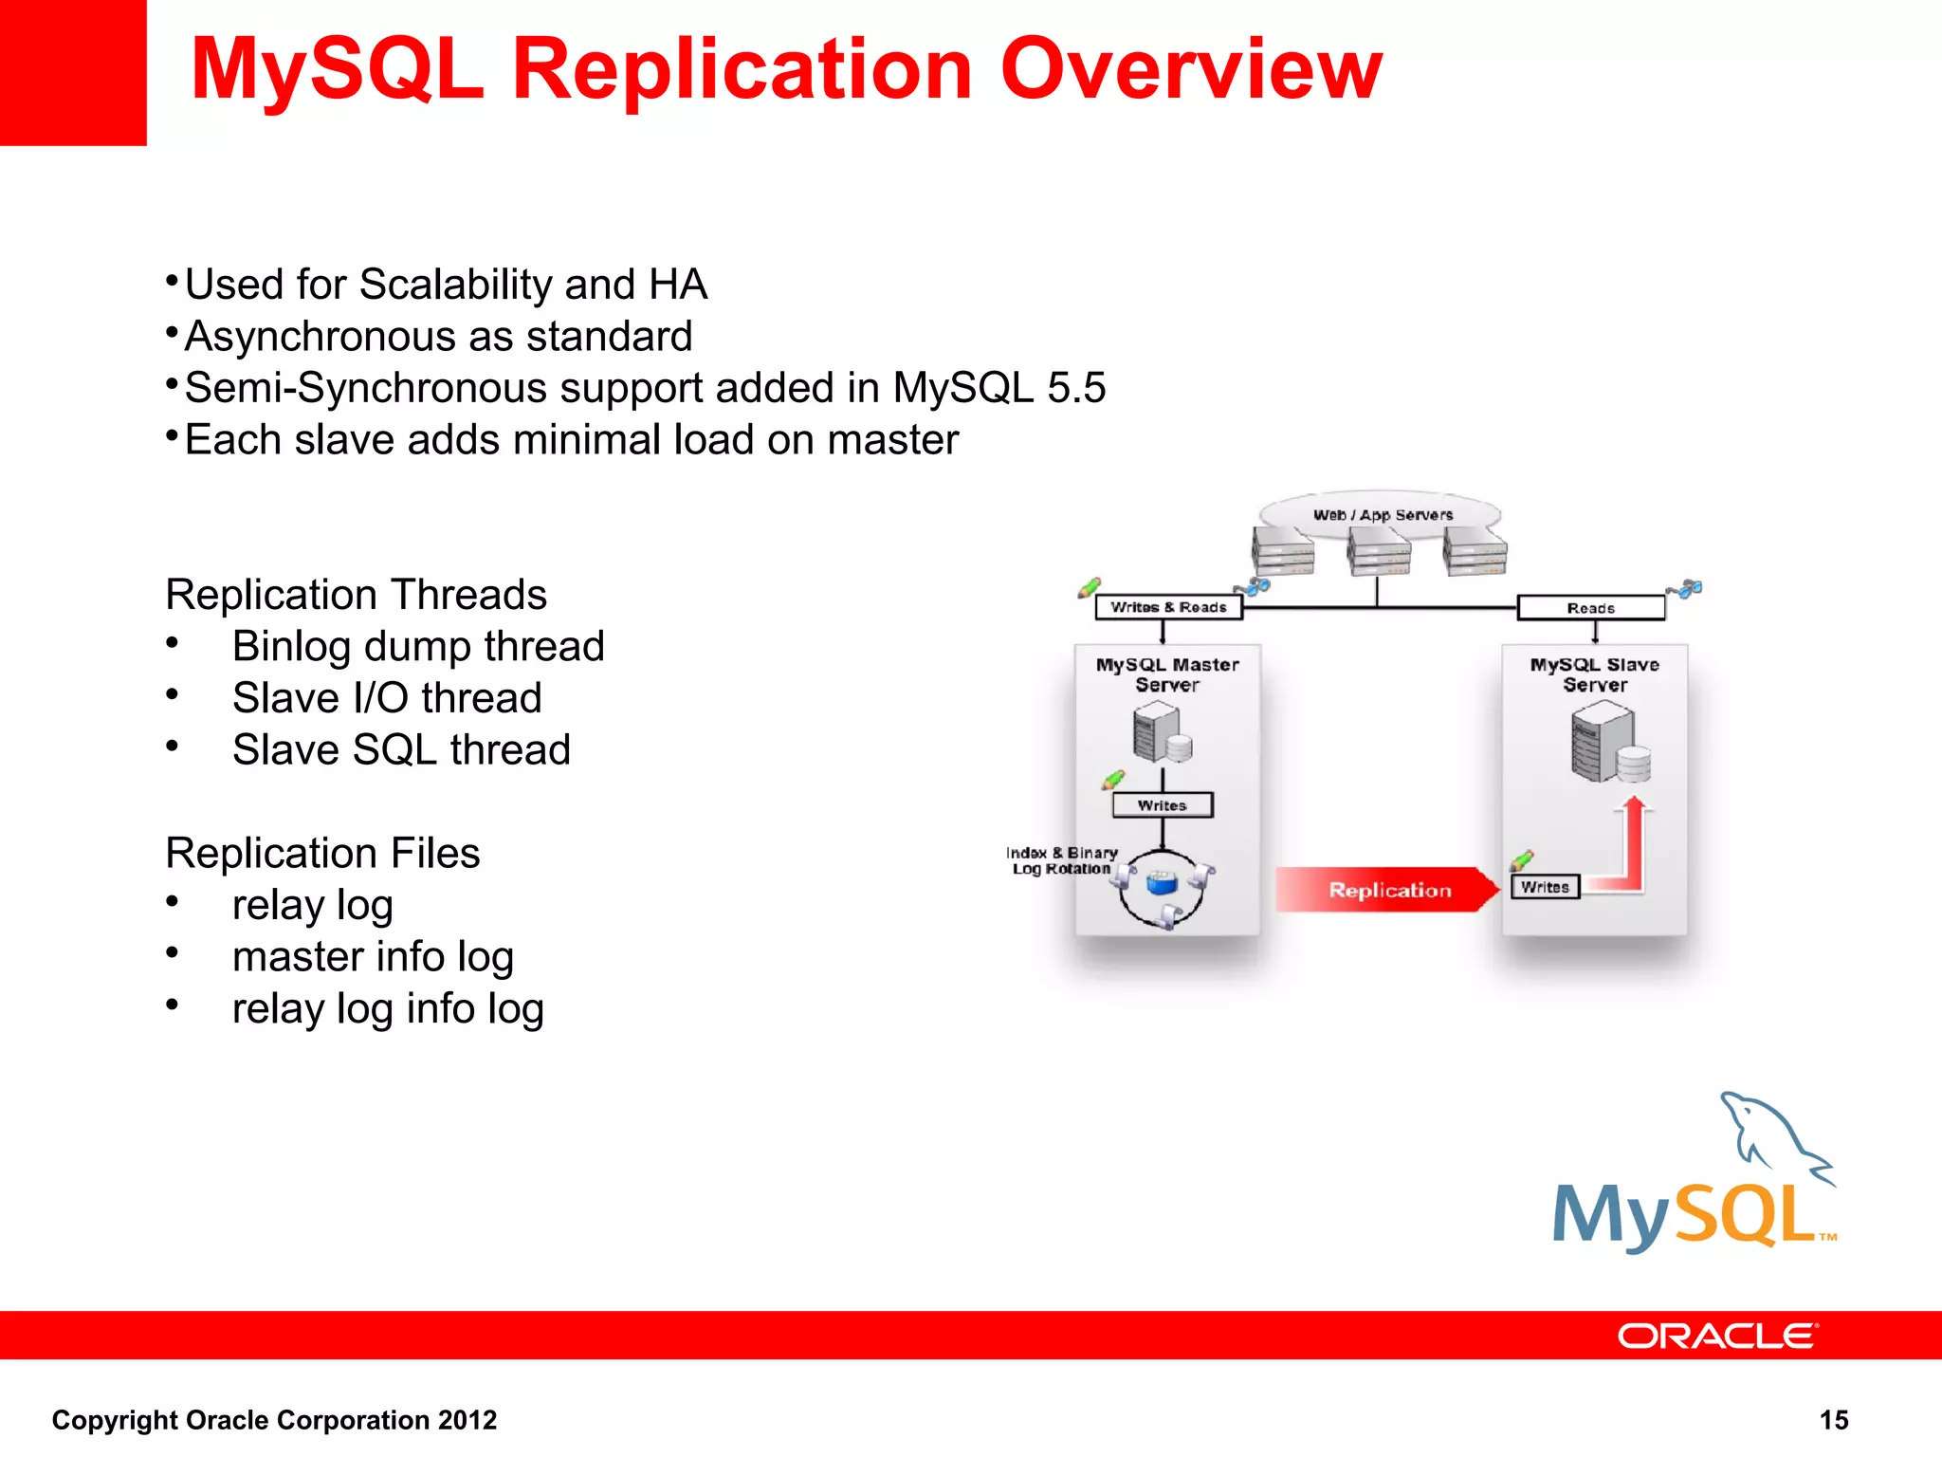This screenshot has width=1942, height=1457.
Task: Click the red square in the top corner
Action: point(73,72)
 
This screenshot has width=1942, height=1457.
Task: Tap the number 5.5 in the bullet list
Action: point(1076,388)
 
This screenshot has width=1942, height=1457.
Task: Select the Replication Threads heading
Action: point(356,595)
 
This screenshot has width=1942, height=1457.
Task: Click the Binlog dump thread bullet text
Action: point(418,647)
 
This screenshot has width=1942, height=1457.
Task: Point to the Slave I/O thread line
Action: point(387,698)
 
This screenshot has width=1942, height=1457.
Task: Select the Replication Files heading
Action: point(322,853)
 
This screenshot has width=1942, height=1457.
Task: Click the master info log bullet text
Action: point(373,957)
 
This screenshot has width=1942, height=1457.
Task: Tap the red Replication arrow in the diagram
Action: point(1387,890)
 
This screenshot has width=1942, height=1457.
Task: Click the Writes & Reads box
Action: point(1168,607)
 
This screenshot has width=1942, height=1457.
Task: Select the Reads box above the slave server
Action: point(1590,608)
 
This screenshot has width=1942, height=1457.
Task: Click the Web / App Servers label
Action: point(1382,514)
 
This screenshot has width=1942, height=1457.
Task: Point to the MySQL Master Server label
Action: point(1167,674)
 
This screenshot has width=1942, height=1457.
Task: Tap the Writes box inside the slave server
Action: point(1545,887)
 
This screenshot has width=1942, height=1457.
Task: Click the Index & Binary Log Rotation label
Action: point(1061,860)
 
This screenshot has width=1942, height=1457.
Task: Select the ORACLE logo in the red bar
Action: point(1717,1336)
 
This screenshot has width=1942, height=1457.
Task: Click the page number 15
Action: point(1834,1420)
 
